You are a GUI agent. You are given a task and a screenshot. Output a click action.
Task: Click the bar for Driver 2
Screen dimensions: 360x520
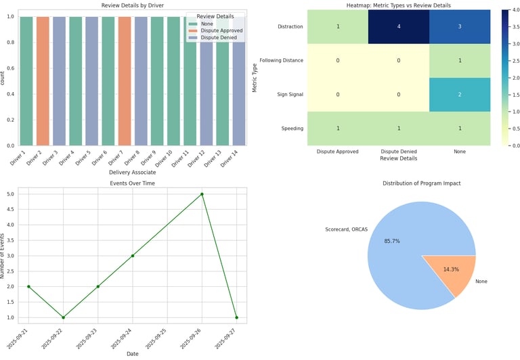pos(43,81)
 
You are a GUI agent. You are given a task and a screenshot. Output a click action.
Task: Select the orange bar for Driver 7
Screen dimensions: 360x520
pos(125,81)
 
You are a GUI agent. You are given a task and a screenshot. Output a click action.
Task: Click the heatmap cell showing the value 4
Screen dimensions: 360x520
pos(399,26)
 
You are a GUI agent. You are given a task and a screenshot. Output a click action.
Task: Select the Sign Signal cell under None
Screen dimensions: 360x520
pos(460,94)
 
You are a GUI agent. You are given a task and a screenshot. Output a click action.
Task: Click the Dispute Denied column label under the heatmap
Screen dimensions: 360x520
pos(399,152)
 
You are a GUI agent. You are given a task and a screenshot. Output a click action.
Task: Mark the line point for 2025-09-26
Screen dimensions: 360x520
pos(202,194)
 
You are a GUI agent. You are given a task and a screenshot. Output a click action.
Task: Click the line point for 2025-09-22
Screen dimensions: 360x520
pos(63,317)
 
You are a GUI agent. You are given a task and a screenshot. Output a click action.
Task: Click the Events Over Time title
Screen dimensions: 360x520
pos(133,183)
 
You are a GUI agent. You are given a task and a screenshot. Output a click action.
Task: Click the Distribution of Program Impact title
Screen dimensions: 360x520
pos(421,183)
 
